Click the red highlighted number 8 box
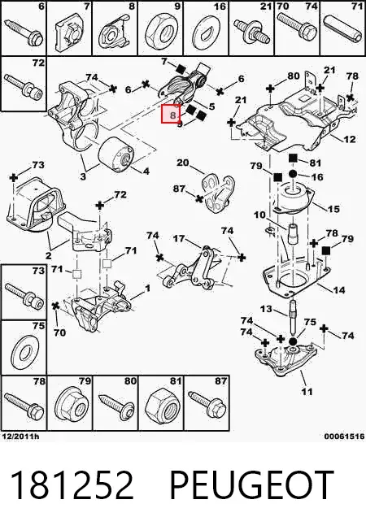coord(171,114)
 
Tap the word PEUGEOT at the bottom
coord(251,485)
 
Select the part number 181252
coord(72,485)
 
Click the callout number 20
coord(183,163)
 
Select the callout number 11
coord(307,392)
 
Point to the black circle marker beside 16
coord(293,175)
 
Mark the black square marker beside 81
coord(293,159)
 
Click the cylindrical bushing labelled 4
coord(116,155)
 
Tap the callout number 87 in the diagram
coord(179,188)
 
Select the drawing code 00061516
coord(344,436)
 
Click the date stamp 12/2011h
coord(20,436)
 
